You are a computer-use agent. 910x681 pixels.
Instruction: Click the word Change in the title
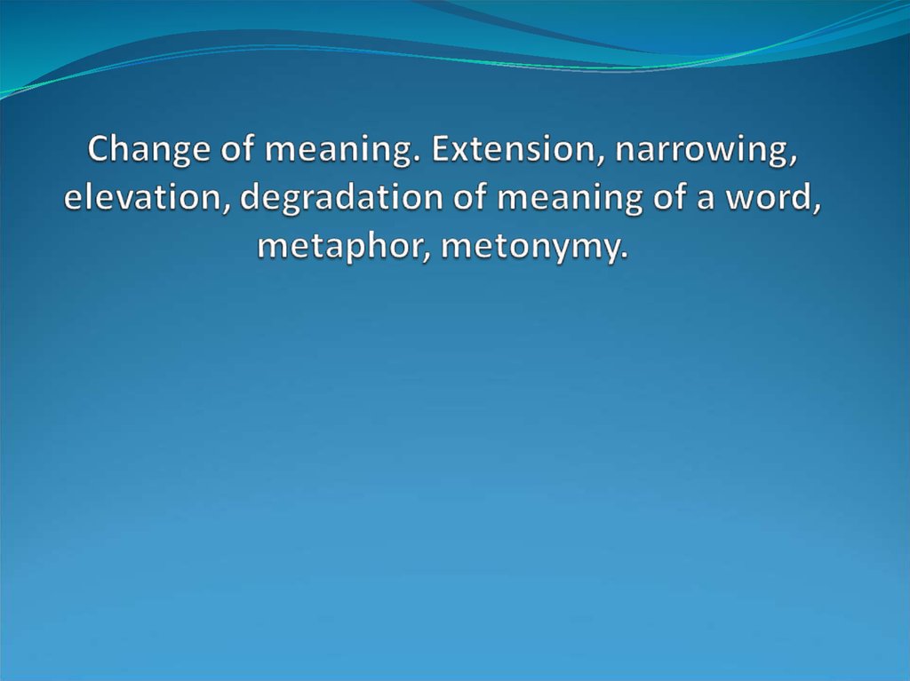click(x=149, y=149)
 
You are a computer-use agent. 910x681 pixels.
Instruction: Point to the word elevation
click(x=140, y=197)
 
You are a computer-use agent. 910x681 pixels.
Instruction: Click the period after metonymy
click(x=624, y=257)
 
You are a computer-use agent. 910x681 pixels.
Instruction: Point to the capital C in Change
click(x=99, y=148)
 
